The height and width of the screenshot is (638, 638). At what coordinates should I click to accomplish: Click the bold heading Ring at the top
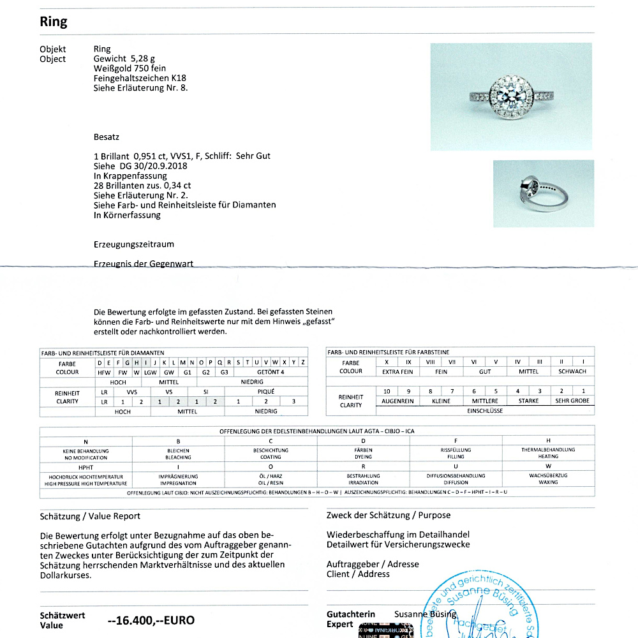(54, 22)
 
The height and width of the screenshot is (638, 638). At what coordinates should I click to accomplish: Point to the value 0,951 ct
(149, 156)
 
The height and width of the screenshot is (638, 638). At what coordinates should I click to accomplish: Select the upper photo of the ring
(511, 96)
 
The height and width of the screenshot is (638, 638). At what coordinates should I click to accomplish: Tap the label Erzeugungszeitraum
(133, 244)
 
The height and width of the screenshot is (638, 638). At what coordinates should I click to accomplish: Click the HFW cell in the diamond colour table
(104, 372)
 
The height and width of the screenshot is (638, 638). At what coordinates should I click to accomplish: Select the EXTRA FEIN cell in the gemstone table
(397, 371)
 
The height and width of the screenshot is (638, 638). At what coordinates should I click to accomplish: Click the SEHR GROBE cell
(572, 401)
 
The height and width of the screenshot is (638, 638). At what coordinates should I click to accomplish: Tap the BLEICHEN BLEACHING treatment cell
(178, 454)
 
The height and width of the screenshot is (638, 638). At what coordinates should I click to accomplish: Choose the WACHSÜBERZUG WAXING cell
(548, 478)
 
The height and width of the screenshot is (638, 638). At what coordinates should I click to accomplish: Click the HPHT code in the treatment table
(85, 467)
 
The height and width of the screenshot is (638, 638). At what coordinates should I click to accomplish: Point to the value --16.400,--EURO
(151, 620)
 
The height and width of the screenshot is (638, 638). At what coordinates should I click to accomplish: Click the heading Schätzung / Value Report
(90, 516)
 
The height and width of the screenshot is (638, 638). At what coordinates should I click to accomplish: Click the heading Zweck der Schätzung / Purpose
(388, 515)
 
